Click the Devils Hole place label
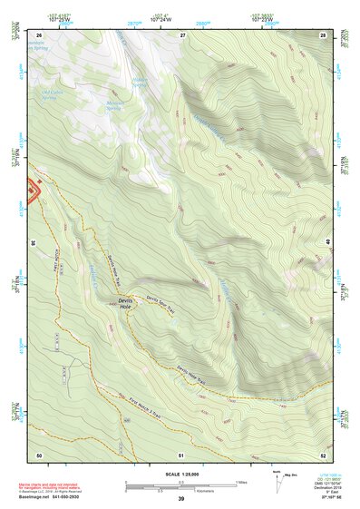point(125,303)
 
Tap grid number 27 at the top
point(181,34)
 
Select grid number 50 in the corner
point(39,454)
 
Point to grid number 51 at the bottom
point(181,454)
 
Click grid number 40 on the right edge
point(327,242)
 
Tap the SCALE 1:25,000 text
point(180,475)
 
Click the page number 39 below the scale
point(180,499)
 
